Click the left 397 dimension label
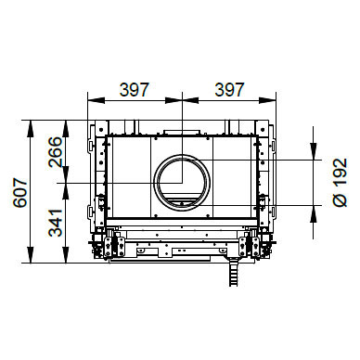click(135, 89)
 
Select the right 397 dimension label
click(229, 89)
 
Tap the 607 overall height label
click(20, 192)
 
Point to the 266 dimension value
click(56, 152)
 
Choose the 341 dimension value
click(56, 223)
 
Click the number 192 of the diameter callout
click(341, 172)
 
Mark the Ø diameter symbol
click(341, 200)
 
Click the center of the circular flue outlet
click(182, 183)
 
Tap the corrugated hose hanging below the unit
click(233, 273)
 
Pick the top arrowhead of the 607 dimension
click(30, 128)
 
